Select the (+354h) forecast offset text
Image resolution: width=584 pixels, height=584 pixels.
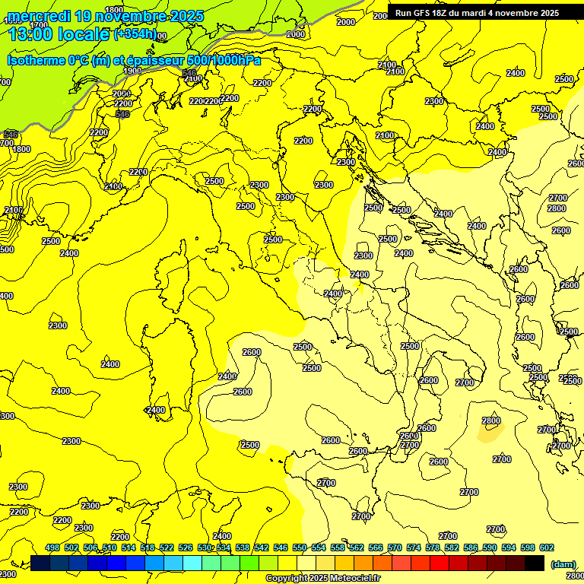point(135,33)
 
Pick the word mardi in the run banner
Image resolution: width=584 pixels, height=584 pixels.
point(488,13)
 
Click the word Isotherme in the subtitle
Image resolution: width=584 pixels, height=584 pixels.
point(36,60)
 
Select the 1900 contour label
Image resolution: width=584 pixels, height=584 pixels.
point(132,71)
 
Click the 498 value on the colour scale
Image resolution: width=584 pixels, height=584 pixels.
point(52,547)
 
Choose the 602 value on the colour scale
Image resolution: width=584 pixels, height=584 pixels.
point(546,547)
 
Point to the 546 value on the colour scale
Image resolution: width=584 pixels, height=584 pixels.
point(281,547)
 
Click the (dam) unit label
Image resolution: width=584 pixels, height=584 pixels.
point(563,564)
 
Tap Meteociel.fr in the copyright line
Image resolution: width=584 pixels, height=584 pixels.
point(350,579)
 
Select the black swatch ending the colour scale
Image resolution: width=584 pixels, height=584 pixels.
point(535,563)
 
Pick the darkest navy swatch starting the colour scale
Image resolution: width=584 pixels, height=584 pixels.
point(41,563)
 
